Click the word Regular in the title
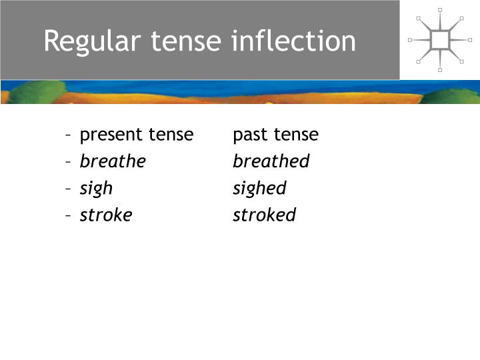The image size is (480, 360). point(92,41)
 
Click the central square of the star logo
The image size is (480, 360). point(440,40)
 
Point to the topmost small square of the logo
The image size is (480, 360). point(440,10)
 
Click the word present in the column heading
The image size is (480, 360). point(111,135)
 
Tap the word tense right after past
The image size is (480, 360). point(296,135)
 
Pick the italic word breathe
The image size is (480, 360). point(113,161)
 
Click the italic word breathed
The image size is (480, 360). point(271,161)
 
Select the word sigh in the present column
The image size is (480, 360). point(96,189)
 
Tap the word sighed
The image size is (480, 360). point(259,189)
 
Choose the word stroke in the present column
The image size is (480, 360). point(106,215)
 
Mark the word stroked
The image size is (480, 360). point(264,215)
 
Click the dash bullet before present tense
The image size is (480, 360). point(69,135)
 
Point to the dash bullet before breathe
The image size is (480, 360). point(69,162)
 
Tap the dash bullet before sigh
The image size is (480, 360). point(69,189)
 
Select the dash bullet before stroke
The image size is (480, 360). point(69,215)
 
